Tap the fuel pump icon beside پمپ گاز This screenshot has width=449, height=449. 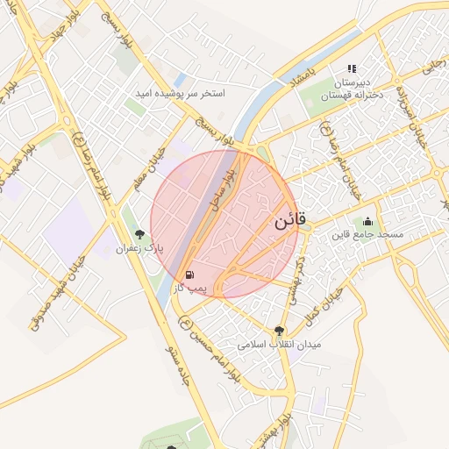tap(191, 274)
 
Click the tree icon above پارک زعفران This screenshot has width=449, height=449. tap(139, 234)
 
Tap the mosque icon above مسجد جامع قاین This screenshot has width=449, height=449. tap(367, 221)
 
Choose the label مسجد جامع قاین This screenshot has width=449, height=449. tap(367, 235)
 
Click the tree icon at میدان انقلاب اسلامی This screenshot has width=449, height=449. tap(280, 331)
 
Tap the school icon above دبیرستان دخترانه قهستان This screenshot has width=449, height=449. tap(352, 68)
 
